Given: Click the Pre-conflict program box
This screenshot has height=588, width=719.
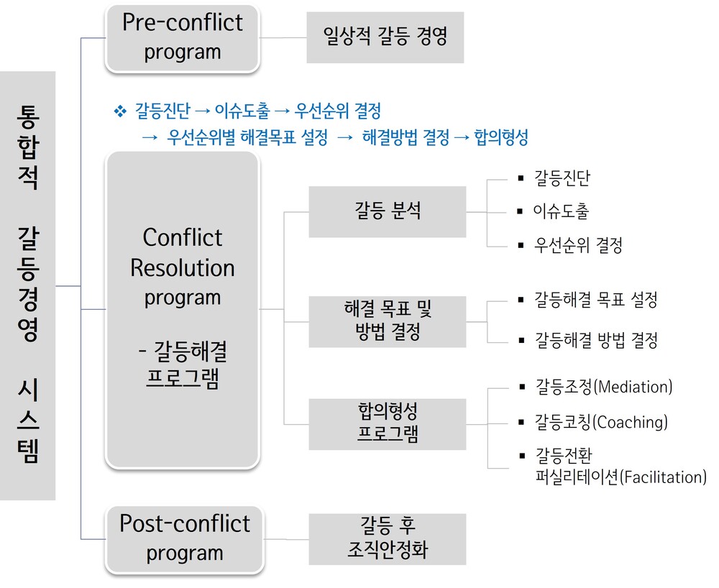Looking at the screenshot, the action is click(183, 37).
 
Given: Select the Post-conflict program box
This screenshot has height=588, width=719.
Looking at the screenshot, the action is click(184, 539).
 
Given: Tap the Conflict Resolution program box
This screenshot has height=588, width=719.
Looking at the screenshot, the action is click(183, 309).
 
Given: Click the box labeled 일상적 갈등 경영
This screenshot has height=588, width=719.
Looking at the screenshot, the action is click(385, 37).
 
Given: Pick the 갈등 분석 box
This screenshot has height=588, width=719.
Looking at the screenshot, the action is click(388, 212).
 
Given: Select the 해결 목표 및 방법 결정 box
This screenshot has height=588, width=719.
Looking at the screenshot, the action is click(388, 321).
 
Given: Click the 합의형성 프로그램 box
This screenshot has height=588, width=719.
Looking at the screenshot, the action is click(388, 424).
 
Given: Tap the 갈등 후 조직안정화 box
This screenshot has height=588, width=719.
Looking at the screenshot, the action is click(388, 539).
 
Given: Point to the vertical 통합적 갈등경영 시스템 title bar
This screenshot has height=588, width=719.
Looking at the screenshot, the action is click(27, 285).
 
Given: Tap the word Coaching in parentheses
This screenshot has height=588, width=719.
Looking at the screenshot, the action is click(631, 422).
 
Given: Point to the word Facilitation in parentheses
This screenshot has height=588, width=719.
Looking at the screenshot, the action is click(663, 477).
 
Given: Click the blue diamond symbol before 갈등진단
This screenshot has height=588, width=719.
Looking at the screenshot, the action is click(120, 111).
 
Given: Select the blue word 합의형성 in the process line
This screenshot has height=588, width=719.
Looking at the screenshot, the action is click(501, 137).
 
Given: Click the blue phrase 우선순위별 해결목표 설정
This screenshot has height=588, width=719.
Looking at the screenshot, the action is click(247, 137).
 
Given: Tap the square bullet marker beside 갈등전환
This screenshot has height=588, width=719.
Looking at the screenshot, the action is click(522, 456).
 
